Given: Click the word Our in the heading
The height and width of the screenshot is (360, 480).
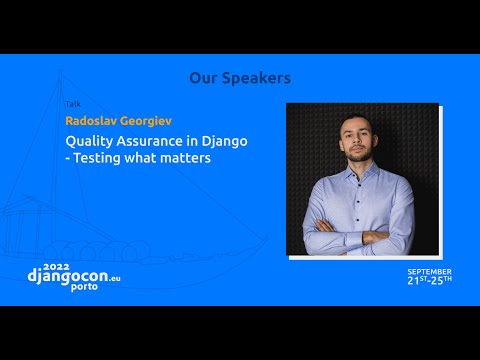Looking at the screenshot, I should click(x=203, y=78).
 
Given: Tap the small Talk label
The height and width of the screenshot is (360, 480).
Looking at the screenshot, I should click(x=73, y=104).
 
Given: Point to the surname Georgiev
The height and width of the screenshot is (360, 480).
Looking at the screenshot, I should click(x=152, y=120).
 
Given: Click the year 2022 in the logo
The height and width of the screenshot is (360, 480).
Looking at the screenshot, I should click(x=57, y=254).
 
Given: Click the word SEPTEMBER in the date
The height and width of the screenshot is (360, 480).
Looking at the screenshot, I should click(x=430, y=271).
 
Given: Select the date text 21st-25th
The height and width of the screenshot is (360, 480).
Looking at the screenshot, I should click(x=430, y=280).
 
